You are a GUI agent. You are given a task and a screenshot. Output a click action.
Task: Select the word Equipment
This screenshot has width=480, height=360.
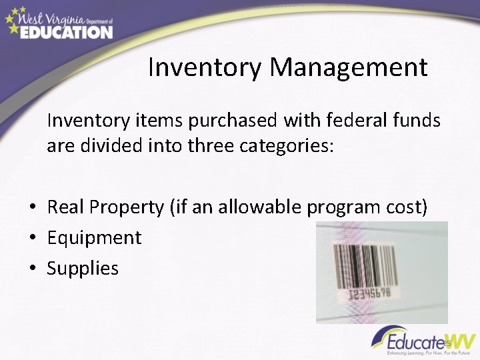coord(94,238)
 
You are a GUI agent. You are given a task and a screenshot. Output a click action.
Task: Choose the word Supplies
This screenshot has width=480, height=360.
coord(83,269)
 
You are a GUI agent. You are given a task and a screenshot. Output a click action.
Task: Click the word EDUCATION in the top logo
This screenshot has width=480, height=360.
coord(66,32)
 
